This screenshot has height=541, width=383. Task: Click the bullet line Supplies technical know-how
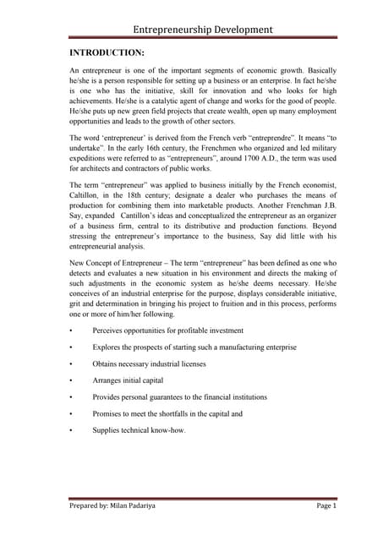[139, 430]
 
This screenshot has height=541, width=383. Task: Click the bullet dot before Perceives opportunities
[73, 331]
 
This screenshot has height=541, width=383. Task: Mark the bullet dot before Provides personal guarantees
[73, 397]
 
